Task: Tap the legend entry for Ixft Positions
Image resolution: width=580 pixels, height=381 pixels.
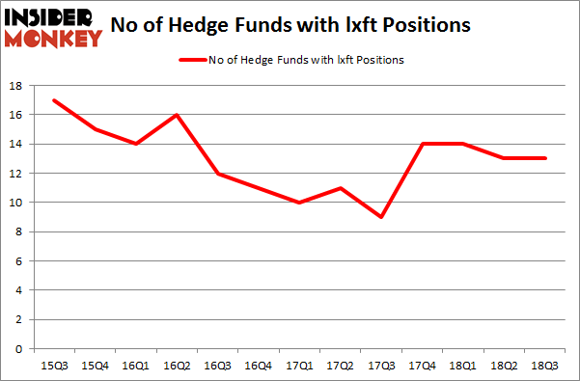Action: click(x=290, y=60)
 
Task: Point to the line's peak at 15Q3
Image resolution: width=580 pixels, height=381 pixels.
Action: click(x=54, y=100)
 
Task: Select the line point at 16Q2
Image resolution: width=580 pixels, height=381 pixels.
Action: click(x=176, y=115)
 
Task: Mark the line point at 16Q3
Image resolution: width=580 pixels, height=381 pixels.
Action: click(x=218, y=174)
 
